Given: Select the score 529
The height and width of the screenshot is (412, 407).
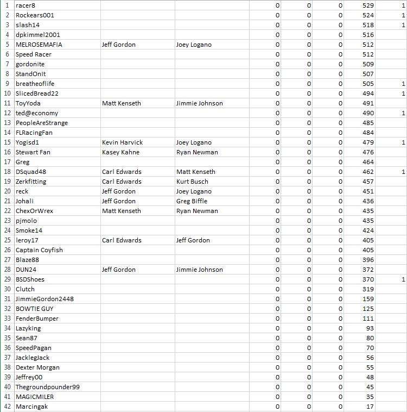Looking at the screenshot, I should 368,5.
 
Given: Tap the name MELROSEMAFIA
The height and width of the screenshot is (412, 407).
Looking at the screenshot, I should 39,45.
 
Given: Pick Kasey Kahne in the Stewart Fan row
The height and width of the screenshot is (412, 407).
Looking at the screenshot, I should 120,152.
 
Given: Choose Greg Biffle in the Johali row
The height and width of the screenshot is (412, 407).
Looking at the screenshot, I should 192,201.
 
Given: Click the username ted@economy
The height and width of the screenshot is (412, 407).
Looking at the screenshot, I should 37,113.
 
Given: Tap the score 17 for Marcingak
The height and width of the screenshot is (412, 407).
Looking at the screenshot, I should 370,407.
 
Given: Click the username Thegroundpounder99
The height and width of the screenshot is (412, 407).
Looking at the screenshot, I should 48,387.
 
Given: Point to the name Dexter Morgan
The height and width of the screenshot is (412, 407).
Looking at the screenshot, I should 37,367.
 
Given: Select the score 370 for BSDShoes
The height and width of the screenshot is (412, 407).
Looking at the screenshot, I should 368,279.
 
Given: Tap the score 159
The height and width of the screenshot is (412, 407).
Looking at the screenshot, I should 368,299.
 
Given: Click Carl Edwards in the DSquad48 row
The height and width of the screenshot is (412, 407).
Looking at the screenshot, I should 122,172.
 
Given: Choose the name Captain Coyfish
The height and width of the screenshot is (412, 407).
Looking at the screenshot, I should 39,250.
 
